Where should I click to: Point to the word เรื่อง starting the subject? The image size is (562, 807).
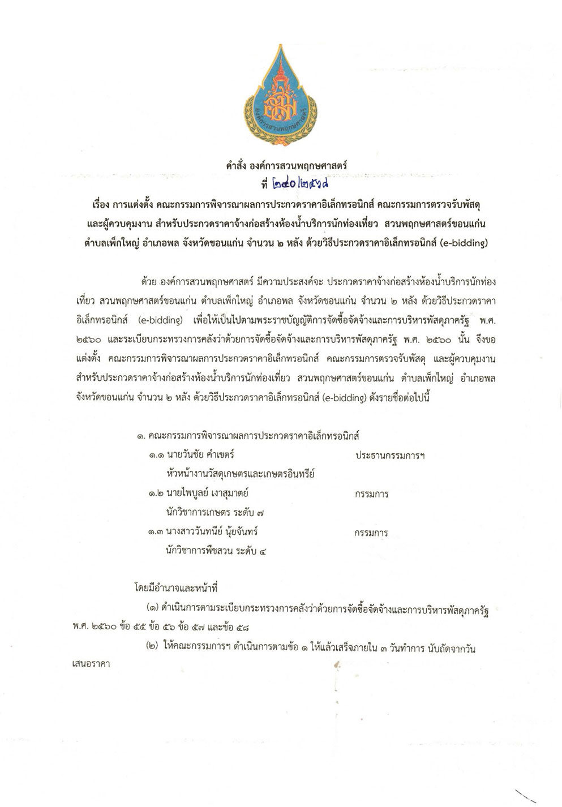coord(92,203)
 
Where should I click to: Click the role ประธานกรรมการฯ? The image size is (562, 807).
coord(390,456)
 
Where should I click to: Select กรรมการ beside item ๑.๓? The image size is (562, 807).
coord(371,533)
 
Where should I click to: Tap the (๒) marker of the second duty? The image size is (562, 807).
coord(152,649)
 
